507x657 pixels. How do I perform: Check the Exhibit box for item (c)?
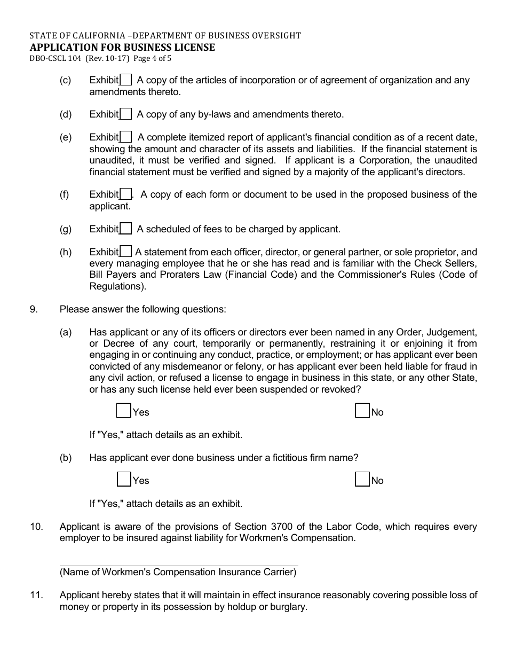(x=126, y=80)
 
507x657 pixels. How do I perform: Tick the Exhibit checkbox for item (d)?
(x=126, y=114)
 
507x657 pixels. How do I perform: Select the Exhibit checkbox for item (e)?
(x=126, y=138)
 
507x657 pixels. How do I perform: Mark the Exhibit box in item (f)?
(x=126, y=194)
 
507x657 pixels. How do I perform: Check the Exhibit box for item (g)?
(x=126, y=229)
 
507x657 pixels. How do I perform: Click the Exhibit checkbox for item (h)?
(x=126, y=252)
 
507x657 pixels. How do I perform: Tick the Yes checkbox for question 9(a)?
(x=124, y=411)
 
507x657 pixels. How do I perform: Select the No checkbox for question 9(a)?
(x=362, y=411)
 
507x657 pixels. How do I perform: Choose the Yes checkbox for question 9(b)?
(x=124, y=479)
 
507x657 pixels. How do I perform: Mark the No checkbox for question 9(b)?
(x=362, y=479)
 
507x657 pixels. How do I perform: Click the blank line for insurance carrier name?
(x=178, y=561)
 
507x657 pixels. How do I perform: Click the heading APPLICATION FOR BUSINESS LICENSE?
(x=122, y=47)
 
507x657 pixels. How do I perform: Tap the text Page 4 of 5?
(x=152, y=59)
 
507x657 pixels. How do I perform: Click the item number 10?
(x=36, y=527)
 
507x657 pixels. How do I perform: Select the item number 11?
(x=36, y=595)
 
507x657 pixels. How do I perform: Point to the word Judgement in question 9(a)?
(x=456, y=332)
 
